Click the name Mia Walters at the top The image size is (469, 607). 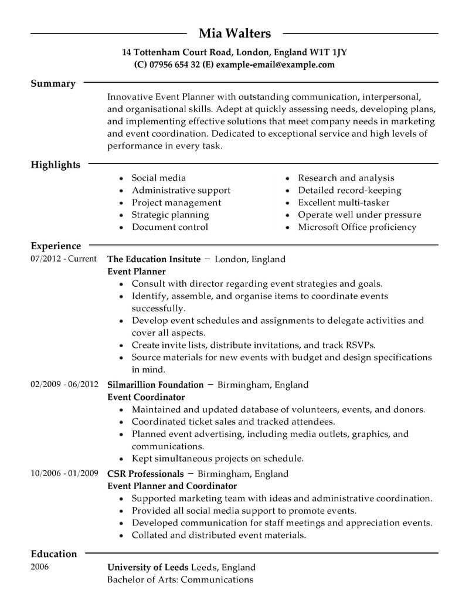pos(235,33)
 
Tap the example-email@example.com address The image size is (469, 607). pos(275,65)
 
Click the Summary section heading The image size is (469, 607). pos(53,84)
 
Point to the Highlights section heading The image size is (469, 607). pos(55,165)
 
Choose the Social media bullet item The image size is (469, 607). pos(158,178)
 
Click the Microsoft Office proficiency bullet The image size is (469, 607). pos(357,227)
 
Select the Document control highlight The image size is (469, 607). pos(169,227)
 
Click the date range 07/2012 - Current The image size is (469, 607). pos(63,259)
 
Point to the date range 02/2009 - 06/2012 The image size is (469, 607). pos(64,385)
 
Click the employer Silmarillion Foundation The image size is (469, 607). pos(155,385)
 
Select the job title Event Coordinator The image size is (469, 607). pos(146,397)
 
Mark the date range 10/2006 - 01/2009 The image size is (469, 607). pos(64,473)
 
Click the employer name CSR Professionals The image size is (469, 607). pos(145,473)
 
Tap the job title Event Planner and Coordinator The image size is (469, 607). pos(172,486)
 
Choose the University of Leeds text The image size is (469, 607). pos(148,567)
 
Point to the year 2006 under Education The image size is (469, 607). pos(40,567)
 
